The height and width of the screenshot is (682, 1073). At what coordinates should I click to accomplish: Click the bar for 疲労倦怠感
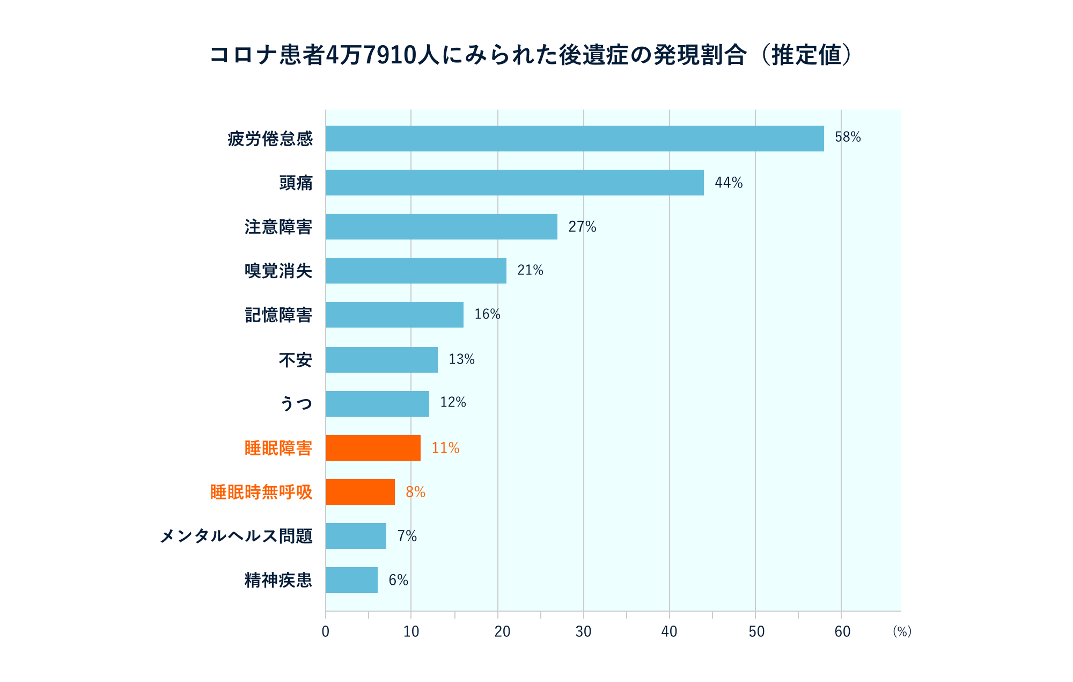point(574,139)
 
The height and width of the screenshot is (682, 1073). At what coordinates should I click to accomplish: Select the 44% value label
point(728,183)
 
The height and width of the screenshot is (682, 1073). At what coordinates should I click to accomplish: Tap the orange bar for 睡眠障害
point(373,448)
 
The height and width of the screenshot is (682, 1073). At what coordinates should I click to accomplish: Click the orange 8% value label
point(415,492)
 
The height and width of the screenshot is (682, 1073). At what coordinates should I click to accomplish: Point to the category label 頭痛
point(296,183)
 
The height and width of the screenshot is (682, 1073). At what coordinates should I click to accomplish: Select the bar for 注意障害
point(441,227)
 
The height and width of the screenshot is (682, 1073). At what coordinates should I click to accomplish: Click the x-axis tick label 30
point(583,632)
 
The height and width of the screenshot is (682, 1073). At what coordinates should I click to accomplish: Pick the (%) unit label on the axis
point(902,632)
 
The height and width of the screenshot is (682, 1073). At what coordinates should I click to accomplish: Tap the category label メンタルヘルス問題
point(236,536)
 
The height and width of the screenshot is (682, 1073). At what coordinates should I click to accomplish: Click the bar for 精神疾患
point(351,580)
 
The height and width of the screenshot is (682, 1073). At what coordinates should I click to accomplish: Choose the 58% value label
point(847,137)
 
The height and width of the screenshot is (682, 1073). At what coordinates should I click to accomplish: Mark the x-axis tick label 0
point(325,632)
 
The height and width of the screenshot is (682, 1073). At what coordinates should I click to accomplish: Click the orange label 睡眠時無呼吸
point(261,492)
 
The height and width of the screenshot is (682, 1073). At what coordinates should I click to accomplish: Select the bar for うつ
point(377,404)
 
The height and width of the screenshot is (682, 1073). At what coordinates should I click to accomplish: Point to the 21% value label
point(530,271)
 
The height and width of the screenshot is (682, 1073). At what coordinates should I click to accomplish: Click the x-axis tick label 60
point(842,632)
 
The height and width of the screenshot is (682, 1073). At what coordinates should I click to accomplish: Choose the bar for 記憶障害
point(394,315)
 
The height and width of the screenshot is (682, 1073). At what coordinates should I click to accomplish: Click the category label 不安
point(295,360)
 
